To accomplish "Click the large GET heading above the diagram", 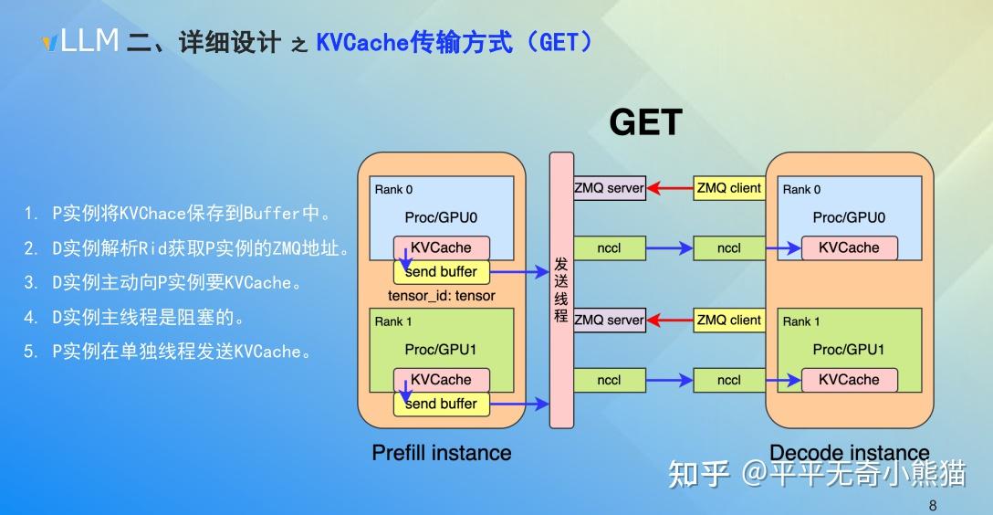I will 645,122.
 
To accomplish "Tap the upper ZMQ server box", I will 609,188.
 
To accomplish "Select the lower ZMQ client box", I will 728,320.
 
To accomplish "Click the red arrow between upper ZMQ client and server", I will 669,189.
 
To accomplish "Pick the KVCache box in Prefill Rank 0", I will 441,247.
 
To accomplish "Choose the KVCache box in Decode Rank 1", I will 849,380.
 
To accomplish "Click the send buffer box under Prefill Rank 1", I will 441,404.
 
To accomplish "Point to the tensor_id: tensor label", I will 442,295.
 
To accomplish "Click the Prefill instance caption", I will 442,453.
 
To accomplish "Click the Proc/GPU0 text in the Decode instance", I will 849,217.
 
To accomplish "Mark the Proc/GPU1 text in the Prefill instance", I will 441,350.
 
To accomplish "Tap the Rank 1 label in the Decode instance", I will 801,321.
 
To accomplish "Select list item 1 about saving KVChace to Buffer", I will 178,214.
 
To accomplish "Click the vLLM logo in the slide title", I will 82,41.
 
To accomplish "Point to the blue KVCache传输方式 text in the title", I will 414,42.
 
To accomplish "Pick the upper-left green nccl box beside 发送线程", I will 609,247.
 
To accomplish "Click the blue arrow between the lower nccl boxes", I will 669,380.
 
